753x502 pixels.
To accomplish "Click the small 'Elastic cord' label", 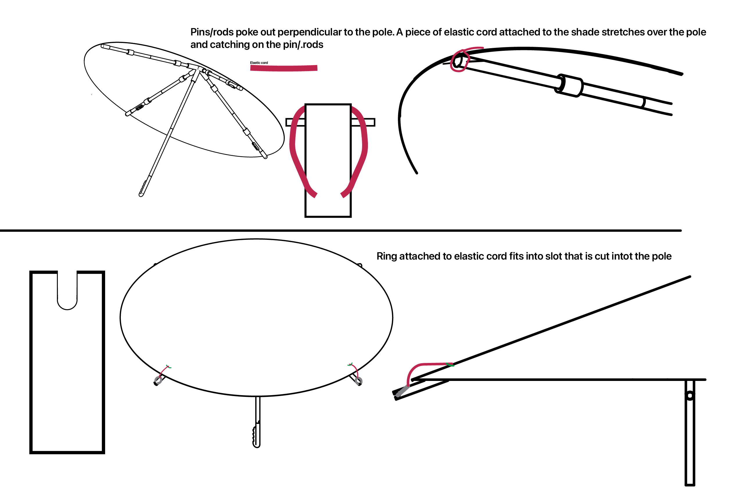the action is (x=259, y=63).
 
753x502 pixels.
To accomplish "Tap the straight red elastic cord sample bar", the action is (x=284, y=68).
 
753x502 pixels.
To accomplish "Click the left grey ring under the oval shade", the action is (x=158, y=380).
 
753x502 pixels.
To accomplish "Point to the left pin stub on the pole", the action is (x=295, y=122).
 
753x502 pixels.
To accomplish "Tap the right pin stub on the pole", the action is (x=363, y=122).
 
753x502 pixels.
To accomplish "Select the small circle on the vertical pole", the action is (x=690, y=396).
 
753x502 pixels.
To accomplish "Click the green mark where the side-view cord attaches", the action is (x=450, y=364).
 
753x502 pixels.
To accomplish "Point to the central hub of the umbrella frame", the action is (x=200, y=69).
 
